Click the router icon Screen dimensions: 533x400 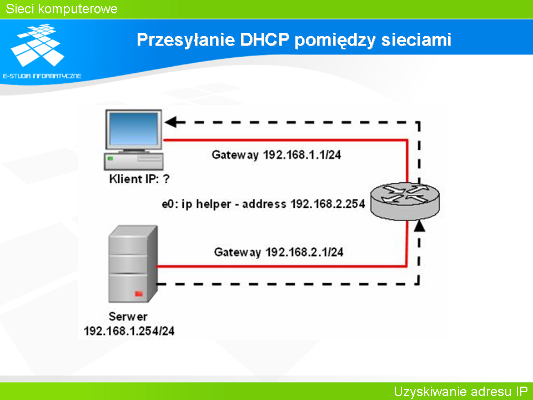coord(405,201)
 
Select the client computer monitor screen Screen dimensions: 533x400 coord(134,129)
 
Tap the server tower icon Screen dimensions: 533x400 coord(133,263)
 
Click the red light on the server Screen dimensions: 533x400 coord(139,293)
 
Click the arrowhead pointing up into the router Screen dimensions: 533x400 coord(420,226)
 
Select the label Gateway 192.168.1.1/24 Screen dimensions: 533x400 coord(276,155)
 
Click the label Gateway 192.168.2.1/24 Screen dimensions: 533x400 coord(278,252)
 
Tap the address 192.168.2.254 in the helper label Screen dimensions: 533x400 coord(328,204)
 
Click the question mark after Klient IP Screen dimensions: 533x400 coord(166,178)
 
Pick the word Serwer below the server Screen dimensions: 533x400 coord(128,316)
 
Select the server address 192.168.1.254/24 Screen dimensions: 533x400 coord(129,331)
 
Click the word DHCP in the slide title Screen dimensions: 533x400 coord(264,39)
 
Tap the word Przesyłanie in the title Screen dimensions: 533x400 coord(186,40)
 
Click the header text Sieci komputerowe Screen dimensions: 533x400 coord(62,9)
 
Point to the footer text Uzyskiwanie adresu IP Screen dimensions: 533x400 coord(461,392)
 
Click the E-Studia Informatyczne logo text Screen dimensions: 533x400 coord(42,76)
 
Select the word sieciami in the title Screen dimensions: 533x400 coord(416,40)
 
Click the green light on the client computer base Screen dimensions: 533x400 coord(110,158)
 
